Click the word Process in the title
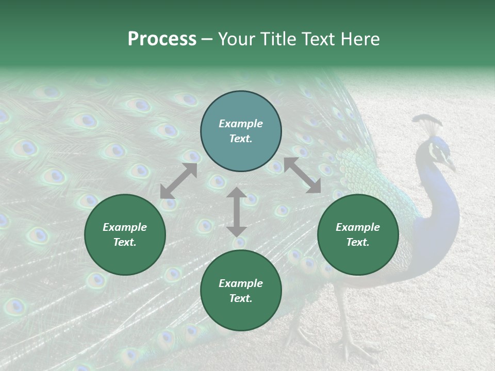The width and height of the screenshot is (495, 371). click(x=162, y=39)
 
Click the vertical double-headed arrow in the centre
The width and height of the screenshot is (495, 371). click(x=237, y=212)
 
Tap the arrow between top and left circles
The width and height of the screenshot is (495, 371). click(x=178, y=181)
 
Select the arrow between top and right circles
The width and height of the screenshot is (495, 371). click(x=302, y=176)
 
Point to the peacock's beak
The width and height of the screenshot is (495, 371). click(x=451, y=166)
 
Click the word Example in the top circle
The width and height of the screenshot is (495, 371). click(x=241, y=124)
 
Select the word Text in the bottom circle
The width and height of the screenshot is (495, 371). click(x=241, y=298)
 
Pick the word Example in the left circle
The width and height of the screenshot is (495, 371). click(x=125, y=227)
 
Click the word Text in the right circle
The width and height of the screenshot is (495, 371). click(x=358, y=242)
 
